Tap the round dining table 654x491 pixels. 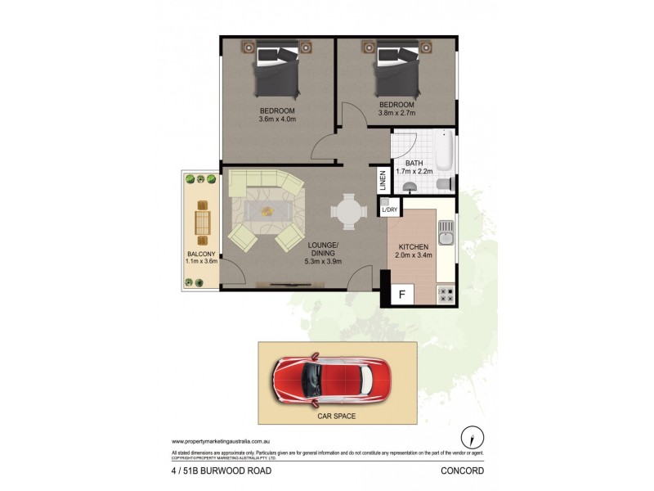(x=349, y=211)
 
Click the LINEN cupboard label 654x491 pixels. (x=382, y=180)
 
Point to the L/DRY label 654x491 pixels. (x=388, y=210)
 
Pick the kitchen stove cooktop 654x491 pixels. (x=446, y=294)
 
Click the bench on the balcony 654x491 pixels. (x=200, y=222)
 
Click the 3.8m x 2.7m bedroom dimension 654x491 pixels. (x=396, y=114)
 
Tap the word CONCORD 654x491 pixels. (x=464, y=471)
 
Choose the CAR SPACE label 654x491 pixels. (x=337, y=416)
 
